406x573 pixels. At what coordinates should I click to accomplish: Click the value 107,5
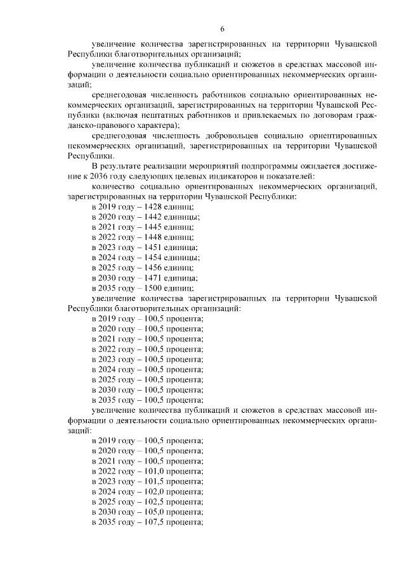[x=155, y=522]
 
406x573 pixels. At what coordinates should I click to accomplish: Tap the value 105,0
[x=155, y=512]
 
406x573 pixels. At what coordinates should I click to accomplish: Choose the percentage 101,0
[x=155, y=472]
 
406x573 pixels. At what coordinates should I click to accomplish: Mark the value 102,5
[x=155, y=501]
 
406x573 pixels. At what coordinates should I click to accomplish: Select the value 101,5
[x=155, y=482]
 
